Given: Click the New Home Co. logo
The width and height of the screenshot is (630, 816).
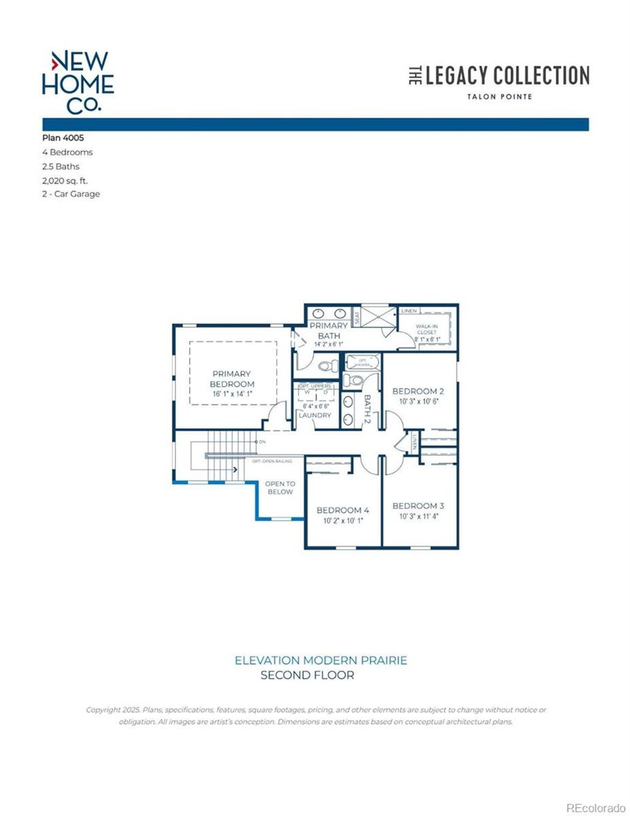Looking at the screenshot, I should click(x=78, y=82).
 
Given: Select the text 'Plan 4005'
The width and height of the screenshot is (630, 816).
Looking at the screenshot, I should click(x=63, y=138).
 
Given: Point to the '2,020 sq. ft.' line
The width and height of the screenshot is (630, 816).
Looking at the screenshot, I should click(x=65, y=181).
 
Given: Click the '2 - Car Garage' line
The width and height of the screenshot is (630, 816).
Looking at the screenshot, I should click(x=71, y=194).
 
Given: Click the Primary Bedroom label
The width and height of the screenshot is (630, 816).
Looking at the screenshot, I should click(x=232, y=379).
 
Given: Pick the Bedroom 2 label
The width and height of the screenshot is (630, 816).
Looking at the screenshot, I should click(x=418, y=392).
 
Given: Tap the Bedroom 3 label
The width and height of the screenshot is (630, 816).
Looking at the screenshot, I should click(x=418, y=506).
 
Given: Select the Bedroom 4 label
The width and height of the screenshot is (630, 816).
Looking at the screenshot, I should click(x=343, y=510).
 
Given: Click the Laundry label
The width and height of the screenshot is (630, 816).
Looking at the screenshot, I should click(x=315, y=415).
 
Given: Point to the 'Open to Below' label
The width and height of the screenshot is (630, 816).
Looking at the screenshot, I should click(x=280, y=488).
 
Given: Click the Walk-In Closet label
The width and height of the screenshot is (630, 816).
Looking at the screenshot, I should click(x=427, y=329).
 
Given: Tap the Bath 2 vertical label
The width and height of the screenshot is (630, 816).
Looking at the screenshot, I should click(x=367, y=409).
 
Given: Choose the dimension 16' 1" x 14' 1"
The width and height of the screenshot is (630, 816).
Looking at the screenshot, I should click(x=232, y=394).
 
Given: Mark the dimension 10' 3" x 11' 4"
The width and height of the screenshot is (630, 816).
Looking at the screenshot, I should click(x=418, y=517).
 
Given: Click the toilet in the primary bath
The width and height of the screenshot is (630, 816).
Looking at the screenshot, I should click(x=327, y=366).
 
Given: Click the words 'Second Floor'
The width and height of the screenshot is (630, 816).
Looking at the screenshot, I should click(x=307, y=675).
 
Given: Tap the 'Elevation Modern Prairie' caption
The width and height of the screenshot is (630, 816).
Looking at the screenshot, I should click(x=321, y=660).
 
